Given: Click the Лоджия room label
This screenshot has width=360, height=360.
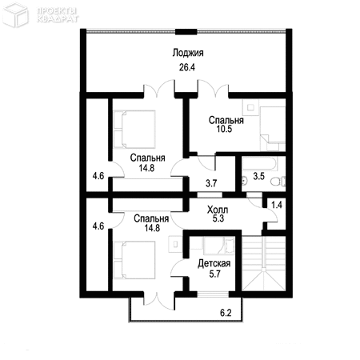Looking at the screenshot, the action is click(x=188, y=53).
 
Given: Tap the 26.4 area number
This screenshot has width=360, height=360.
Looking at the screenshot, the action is click(x=187, y=67).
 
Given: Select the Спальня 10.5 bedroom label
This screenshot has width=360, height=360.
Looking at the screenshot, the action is click(x=226, y=124).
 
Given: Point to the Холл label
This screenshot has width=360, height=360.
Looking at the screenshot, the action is click(x=218, y=210).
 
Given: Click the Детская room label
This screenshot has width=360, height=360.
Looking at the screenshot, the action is click(x=214, y=263).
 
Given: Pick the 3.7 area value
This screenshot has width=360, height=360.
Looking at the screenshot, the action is click(x=211, y=183).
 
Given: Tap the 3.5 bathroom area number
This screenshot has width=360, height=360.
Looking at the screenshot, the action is click(x=258, y=176).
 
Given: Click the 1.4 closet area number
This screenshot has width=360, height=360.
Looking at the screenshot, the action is click(x=277, y=205).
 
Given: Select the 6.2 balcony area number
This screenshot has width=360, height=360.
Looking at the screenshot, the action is click(x=226, y=313).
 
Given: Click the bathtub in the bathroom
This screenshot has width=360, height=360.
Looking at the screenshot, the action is click(x=259, y=163).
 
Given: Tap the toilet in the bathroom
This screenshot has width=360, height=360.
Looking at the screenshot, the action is click(x=278, y=182).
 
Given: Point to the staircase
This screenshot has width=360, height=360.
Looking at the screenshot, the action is click(x=263, y=263).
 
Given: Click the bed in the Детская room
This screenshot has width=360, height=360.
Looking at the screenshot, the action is click(x=219, y=246).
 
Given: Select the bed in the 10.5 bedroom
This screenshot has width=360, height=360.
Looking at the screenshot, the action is click(x=273, y=129).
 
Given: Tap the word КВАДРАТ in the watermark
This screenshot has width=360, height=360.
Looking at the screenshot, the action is click(x=58, y=18).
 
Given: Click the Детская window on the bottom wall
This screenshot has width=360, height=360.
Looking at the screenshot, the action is click(x=213, y=294).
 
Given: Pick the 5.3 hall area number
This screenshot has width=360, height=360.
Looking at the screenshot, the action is click(x=218, y=218).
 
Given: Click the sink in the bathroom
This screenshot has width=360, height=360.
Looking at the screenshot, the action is click(x=245, y=182).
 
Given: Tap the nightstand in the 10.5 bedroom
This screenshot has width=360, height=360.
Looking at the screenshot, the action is click(x=250, y=107).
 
